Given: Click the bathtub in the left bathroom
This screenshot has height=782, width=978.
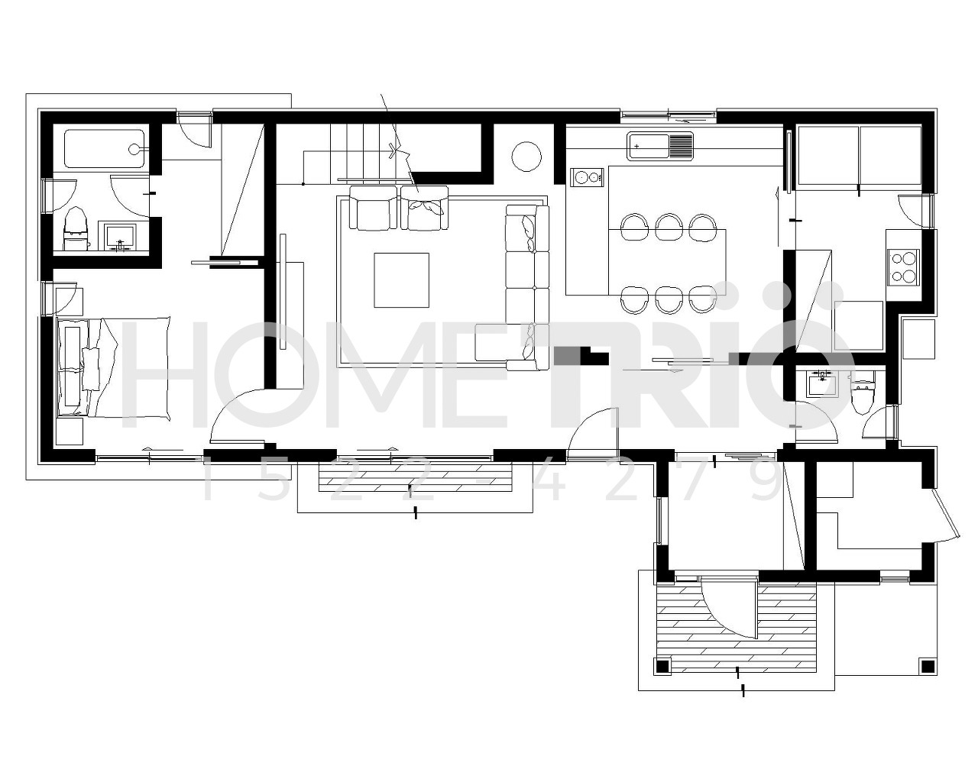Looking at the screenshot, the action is point(105,149).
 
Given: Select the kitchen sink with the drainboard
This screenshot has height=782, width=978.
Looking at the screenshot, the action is point(660,146).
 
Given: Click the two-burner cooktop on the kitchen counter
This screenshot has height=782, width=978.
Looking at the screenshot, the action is point(588,176).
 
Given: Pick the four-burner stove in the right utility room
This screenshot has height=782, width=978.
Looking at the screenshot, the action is point(903,267).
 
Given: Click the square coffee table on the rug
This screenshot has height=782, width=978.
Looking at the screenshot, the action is point(401,280).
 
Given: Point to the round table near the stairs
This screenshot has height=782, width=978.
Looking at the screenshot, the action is point(526,156).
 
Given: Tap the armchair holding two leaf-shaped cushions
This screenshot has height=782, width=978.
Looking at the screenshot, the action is point(424,208).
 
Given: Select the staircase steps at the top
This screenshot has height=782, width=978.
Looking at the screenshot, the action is point(361,151).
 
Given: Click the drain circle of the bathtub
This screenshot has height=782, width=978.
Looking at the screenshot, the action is point(134,149).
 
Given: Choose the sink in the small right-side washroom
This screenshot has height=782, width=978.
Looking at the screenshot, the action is point(821,383).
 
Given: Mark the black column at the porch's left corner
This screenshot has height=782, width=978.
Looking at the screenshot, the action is point(662,667).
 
